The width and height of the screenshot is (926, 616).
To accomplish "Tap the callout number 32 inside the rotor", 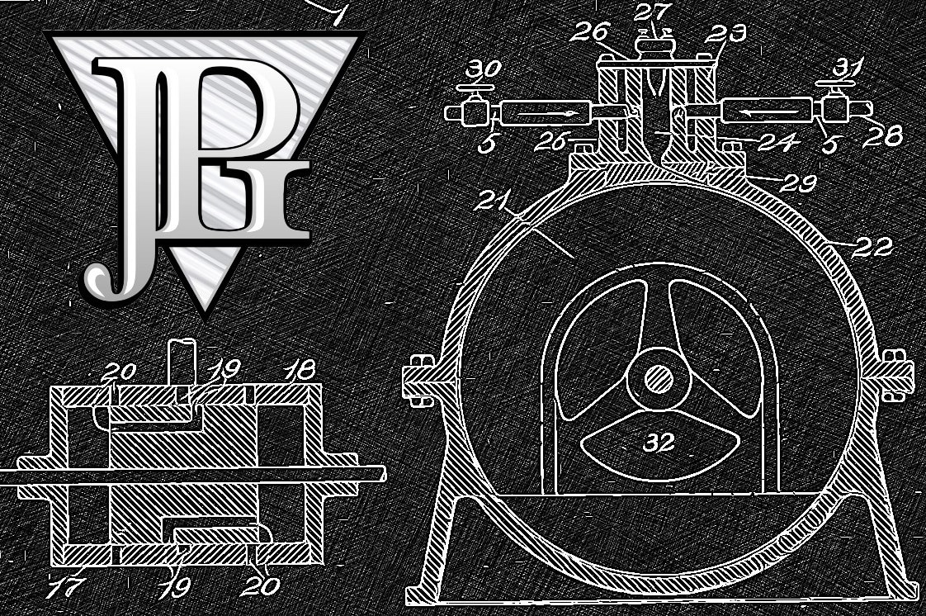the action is (x=659, y=441).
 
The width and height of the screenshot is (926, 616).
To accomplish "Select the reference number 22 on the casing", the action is (x=872, y=247).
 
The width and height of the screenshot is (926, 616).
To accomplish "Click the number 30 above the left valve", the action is (x=483, y=69).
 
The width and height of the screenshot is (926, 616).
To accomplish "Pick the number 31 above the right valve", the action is (x=849, y=67).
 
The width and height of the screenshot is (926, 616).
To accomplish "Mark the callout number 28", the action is (x=882, y=137).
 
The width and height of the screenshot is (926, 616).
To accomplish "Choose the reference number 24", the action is (x=779, y=142).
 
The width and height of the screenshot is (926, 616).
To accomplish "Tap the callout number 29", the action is (x=798, y=183).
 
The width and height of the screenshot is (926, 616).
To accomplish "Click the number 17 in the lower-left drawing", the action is (x=65, y=587).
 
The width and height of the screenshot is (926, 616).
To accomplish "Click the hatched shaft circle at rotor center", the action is (x=658, y=379).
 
